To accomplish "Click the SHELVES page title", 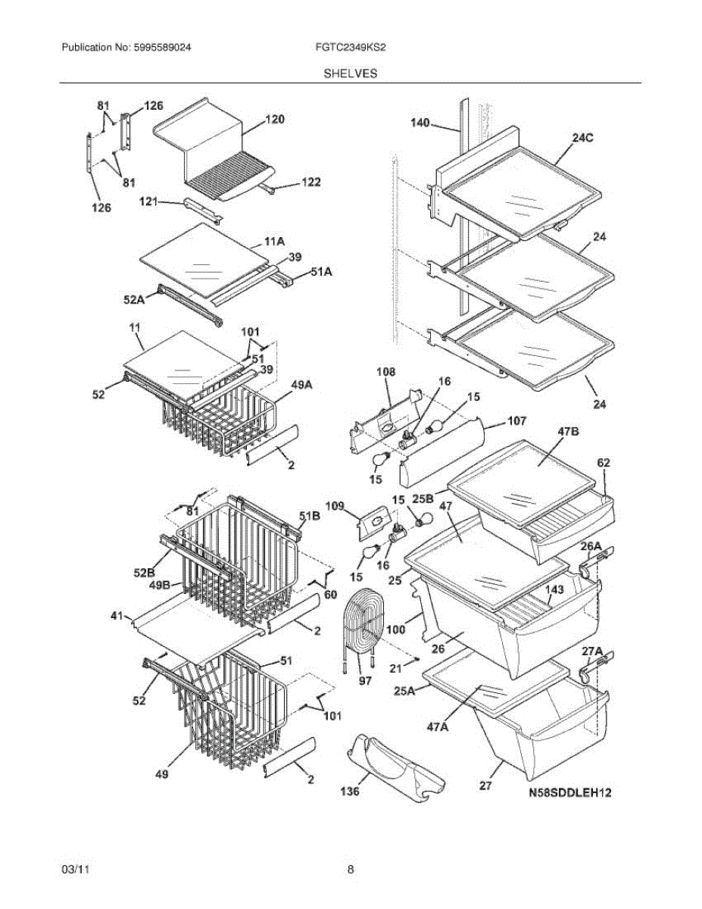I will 351,73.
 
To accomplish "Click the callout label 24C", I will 582,138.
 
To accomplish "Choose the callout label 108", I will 386,372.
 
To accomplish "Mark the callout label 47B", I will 569,431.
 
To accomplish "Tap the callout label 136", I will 350,792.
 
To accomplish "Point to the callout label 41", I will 115,618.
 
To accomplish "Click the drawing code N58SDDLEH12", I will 569,793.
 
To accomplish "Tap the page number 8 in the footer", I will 351,870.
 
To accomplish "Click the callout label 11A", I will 274,243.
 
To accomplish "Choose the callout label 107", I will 517,420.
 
